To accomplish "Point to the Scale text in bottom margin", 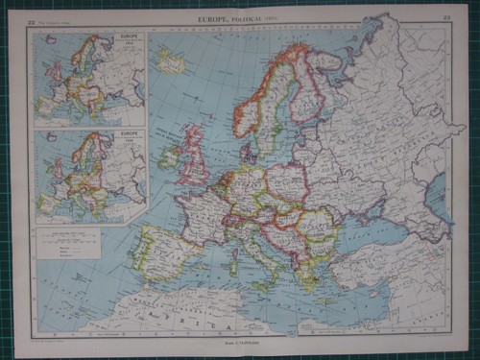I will (x=240, y=345).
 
